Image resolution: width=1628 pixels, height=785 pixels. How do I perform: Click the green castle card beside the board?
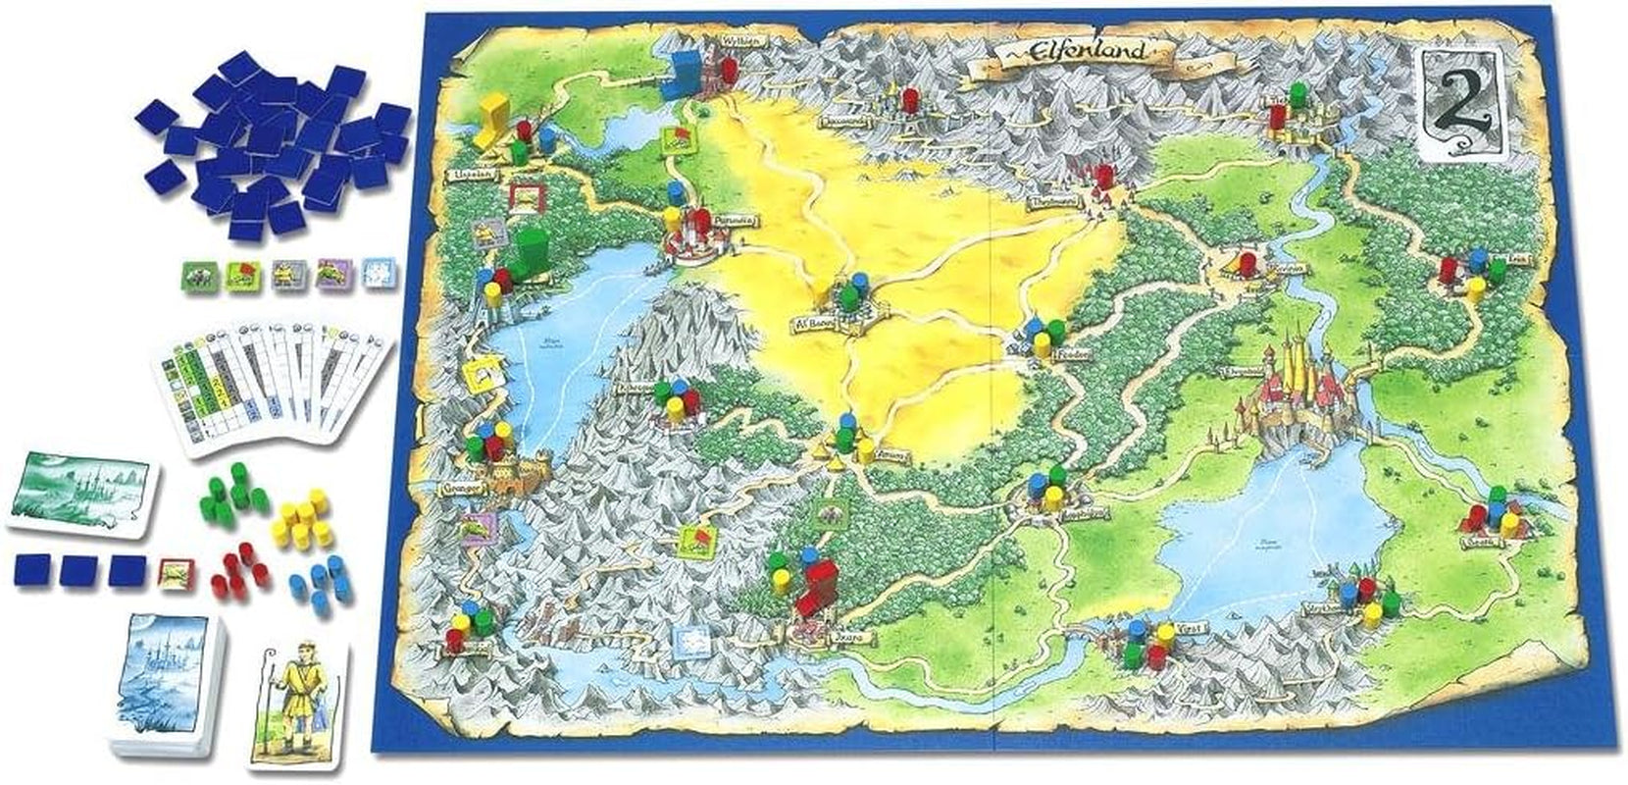tap(81, 492)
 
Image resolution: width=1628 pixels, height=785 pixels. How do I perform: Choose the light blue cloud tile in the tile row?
tap(378, 274)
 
